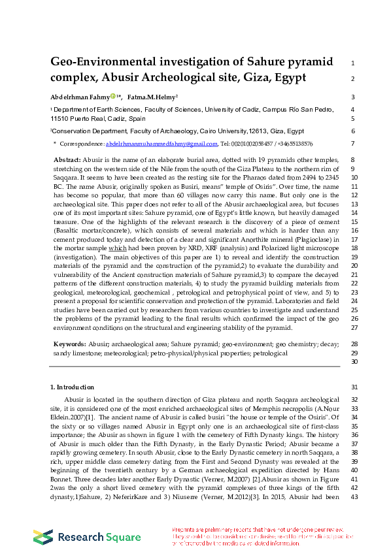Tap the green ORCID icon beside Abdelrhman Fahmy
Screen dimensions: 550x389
[x=112, y=97]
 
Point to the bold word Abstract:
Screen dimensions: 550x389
[x=68, y=160]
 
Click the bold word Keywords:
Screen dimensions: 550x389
[x=70, y=344]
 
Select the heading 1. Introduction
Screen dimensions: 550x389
[x=72, y=387]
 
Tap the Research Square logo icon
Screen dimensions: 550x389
[x=43, y=537]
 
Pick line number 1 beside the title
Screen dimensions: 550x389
[x=352, y=63]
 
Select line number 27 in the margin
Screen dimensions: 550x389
[x=352, y=327]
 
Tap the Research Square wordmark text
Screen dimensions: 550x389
[x=99, y=538]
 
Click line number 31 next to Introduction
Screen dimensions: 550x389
[x=352, y=387]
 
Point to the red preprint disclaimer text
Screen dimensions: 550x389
[x=262, y=536]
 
